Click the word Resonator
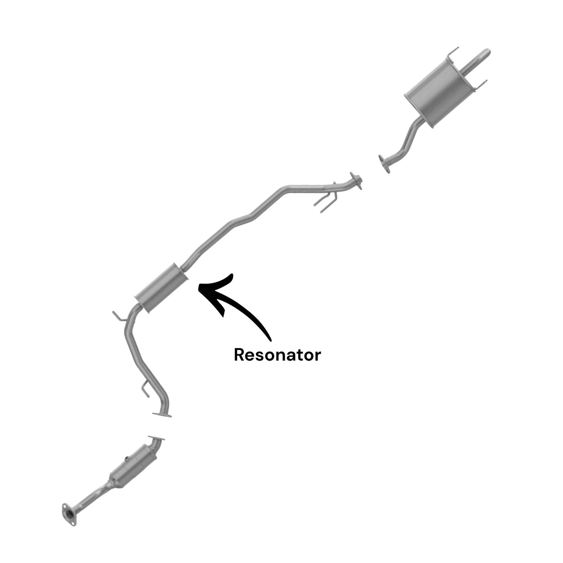click(277, 355)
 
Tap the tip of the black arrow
click(198, 287)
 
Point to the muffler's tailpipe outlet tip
click(487, 53)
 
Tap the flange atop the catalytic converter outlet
click(157, 438)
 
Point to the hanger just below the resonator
click(120, 317)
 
